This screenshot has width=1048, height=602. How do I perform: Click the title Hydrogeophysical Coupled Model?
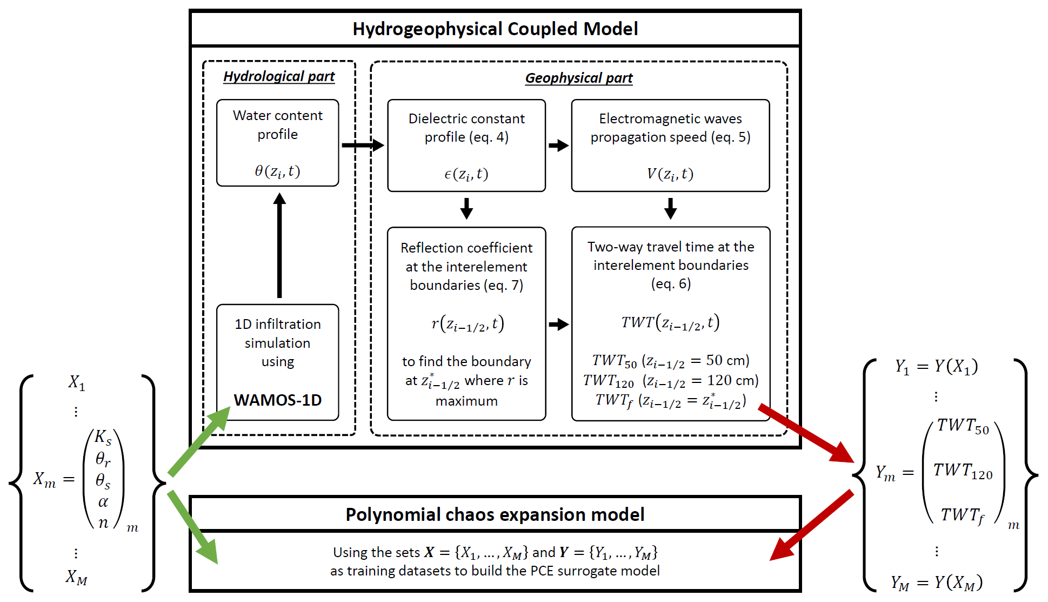(495, 29)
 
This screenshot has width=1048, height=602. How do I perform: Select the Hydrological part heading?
(279, 77)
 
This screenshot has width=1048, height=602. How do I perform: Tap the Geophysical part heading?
(578, 78)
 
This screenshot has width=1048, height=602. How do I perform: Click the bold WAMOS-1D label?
(278, 400)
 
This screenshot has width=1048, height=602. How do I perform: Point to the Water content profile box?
(278, 143)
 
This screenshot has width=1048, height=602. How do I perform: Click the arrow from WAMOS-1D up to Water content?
(279, 246)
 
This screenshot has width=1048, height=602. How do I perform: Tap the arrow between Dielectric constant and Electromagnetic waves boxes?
(558, 145)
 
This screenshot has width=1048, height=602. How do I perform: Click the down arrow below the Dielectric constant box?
(466, 208)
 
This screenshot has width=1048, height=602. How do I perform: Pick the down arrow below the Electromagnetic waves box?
(670, 208)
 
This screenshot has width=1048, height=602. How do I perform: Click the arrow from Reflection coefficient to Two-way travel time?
(558, 325)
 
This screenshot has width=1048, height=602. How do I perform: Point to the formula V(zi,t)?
(670, 174)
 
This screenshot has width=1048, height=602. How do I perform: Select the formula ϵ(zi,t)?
(466, 174)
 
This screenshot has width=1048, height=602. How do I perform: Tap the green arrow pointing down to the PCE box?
(193, 527)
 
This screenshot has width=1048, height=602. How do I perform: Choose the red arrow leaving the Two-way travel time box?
(805, 433)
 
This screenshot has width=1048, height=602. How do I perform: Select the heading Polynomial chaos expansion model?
(495, 514)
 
